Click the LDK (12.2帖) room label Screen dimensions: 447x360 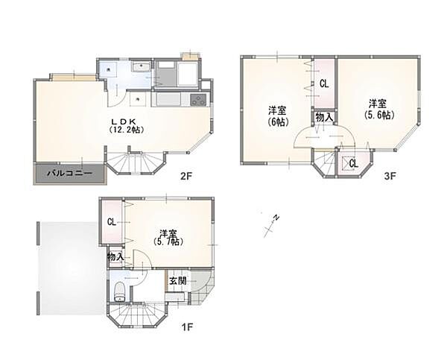click(126, 125)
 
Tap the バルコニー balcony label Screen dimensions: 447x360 click(69, 173)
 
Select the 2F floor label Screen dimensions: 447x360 click(186, 176)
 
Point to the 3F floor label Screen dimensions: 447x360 click(390, 176)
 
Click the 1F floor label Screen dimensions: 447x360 click(187, 326)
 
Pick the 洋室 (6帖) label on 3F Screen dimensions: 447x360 click(278, 116)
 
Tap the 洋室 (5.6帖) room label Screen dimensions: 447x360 click(378, 109)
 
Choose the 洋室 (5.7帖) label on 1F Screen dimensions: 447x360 click(168, 238)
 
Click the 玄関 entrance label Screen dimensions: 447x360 click(178, 281)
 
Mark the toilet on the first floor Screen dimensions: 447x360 click(119, 291)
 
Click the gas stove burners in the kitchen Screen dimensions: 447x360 click(199, 100)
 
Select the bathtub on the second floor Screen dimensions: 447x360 click(187, 75)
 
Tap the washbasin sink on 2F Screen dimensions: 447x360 click(141, 67)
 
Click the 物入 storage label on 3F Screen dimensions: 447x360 click(324, 117)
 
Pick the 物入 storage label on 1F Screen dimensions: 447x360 click(115, 256)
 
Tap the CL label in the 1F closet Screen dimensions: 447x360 click(112, 222)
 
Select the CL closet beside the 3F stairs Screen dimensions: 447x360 click(353, 163)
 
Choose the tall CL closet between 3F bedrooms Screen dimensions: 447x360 click(324, 83)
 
